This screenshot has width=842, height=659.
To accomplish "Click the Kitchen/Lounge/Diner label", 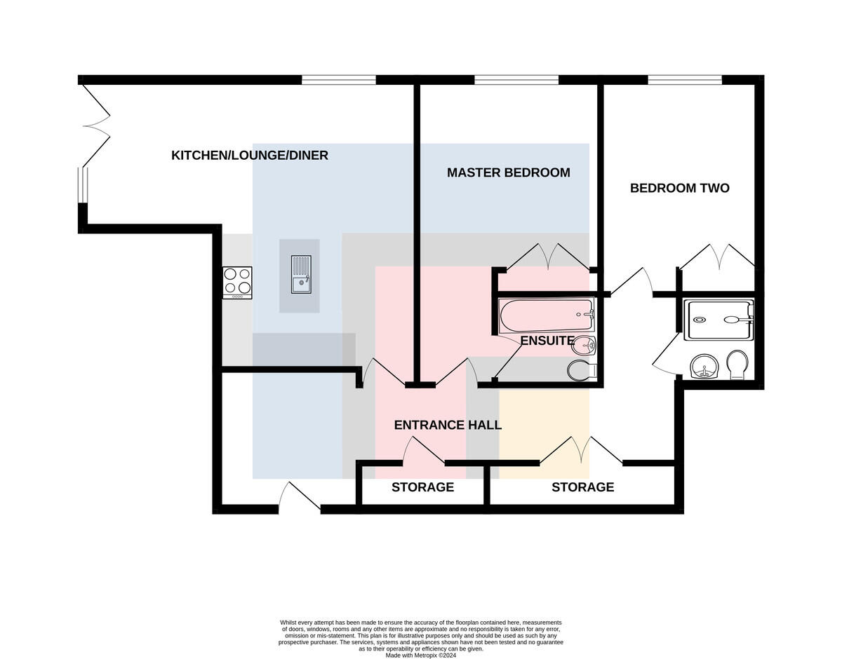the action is click(250, 155).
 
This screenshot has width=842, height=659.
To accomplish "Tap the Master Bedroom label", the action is click(509, 172).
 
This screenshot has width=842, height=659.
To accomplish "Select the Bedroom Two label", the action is click(680, 188).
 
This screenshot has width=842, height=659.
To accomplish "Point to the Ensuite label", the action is click(547, 341).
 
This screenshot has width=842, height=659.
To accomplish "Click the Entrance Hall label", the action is click(448, 425).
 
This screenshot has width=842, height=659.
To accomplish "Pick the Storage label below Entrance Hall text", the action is click(422, 487).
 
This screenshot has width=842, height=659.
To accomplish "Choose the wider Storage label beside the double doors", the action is click(583, 487).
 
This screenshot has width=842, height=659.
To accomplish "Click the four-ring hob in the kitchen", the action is click(238, 283).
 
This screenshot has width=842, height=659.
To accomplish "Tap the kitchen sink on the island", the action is click(301, 274).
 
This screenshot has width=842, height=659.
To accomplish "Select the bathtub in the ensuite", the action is click(547, 314).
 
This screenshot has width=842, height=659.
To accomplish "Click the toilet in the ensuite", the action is click(581, 370).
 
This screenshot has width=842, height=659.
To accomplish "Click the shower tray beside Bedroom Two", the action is click(719, 320).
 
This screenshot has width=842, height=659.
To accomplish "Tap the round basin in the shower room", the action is click(705, 366).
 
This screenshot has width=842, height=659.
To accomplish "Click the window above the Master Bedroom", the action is click(516, 80).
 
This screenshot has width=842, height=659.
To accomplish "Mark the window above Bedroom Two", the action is click(685, 80).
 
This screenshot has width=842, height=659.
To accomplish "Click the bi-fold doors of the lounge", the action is click(96, 125).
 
